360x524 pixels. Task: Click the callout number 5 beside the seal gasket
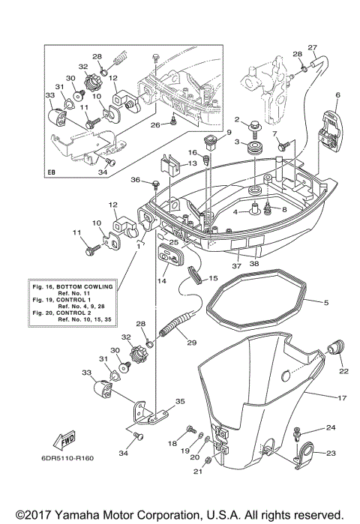(326, 302)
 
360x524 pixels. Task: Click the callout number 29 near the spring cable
(190, 343)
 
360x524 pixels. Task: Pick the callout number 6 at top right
(337, 94)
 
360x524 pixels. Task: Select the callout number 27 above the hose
(313, 47)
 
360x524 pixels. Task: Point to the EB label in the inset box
(52, 172)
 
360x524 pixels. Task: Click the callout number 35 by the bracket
(178, 402)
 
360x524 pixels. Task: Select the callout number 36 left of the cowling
(135, 180)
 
